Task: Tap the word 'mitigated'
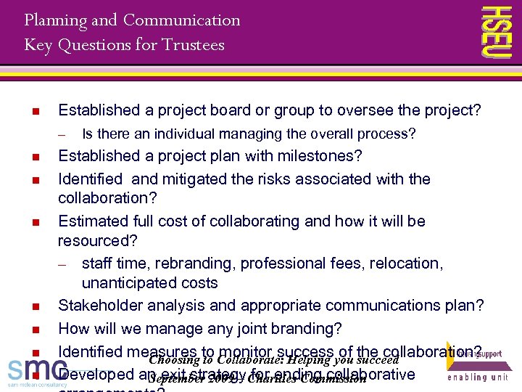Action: (193, 179)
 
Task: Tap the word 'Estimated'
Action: (91, 221)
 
